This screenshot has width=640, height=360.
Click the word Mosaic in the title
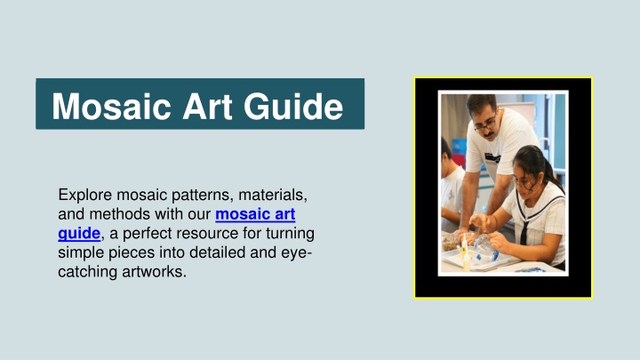111,107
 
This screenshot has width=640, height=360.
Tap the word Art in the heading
207,107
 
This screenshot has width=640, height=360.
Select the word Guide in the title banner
293,107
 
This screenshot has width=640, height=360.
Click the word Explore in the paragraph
85,195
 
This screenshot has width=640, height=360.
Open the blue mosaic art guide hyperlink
177,224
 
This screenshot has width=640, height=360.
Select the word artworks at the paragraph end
154,271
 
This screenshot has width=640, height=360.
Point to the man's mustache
489,134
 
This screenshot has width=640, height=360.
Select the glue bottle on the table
465,256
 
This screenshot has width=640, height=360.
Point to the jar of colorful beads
451,242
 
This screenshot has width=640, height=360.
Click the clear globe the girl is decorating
486,248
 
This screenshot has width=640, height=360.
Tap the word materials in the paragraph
273,195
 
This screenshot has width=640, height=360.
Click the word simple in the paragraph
81,252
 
